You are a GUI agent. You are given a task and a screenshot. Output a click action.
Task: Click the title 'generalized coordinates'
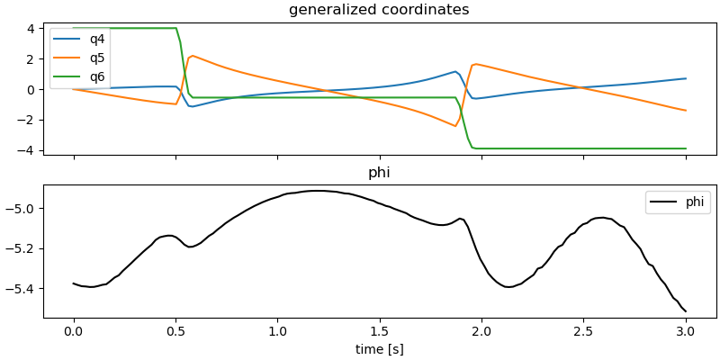[379, 10]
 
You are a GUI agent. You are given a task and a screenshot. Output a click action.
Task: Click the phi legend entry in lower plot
[694, 202]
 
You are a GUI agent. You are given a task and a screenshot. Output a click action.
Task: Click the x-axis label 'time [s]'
[379, 349]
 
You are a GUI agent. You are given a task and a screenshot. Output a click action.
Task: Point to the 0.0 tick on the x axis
[74, 330]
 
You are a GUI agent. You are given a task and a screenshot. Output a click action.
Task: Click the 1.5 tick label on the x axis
[379, 330]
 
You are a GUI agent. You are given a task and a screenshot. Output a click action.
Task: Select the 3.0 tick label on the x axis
[685, 330]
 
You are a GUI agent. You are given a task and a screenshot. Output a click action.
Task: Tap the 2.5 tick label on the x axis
[583, 330]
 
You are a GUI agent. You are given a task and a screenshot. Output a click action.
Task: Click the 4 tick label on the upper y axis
[31, 29]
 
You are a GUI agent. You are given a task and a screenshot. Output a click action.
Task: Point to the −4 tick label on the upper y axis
[27, 150]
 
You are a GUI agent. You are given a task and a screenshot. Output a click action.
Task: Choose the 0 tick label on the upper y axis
[31, 89]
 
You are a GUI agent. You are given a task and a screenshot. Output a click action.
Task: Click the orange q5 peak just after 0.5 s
[193, 56]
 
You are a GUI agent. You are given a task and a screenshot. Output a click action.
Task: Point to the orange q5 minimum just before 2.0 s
[456, 126]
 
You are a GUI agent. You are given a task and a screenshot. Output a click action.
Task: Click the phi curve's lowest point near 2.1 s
[508, 287]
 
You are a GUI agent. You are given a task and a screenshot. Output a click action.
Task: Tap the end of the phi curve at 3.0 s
[686, 311]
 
